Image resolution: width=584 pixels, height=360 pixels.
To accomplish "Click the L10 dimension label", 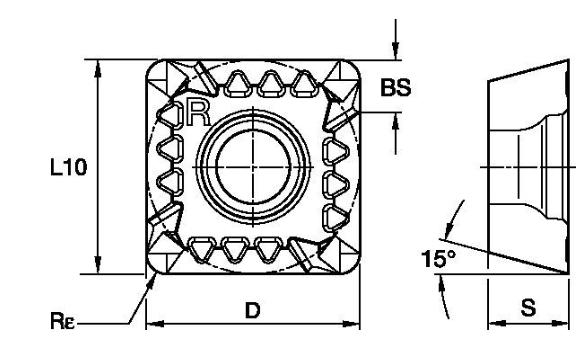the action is [x=69, y=167].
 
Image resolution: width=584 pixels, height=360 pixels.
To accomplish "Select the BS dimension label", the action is [x=396, y=88].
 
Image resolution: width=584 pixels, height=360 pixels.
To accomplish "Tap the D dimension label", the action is [x=252, y=310].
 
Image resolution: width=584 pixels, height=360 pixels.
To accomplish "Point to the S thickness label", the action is [x=528, y=308].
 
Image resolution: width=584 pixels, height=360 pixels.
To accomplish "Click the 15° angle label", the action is [x=438, y=258].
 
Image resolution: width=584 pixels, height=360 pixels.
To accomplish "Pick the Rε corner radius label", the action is [x=62, y=321].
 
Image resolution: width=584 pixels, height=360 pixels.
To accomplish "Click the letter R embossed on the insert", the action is [x=198, y=113].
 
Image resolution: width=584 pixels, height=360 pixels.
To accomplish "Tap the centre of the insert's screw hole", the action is [x=253, y=167].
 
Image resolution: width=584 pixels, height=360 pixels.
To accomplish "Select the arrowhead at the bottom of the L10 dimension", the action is [x=98, y=265].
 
